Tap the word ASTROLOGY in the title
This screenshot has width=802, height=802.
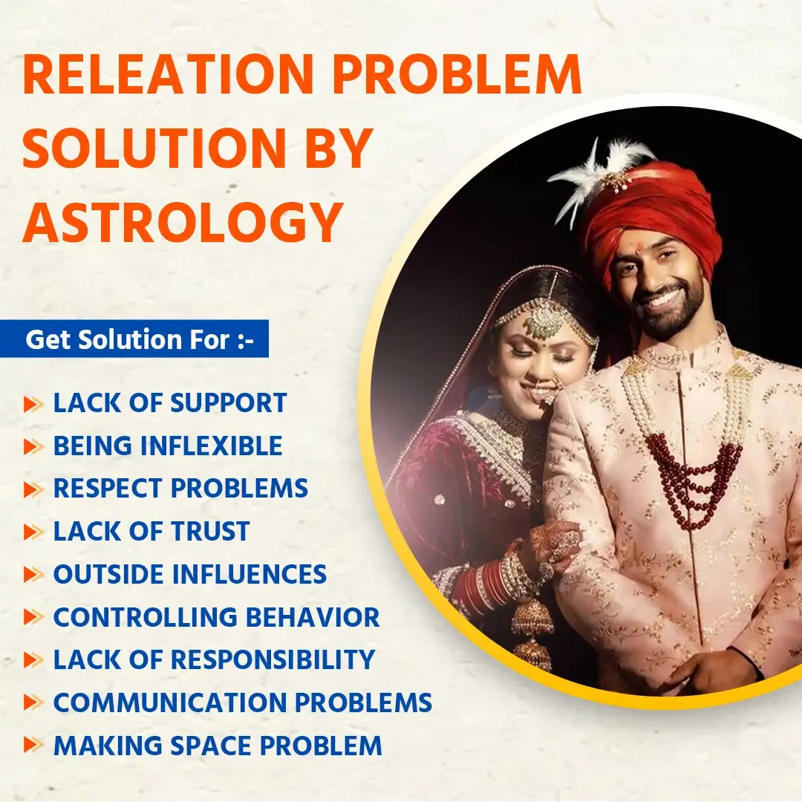coord(183,221)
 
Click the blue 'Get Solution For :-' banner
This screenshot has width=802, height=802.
coord(134,339)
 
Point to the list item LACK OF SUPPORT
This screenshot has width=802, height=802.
coord(170,403)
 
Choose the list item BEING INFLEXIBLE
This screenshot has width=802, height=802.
coord(168,446)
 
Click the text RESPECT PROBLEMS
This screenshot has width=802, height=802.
coord(180,488)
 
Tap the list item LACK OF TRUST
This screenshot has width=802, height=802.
coord(151,531)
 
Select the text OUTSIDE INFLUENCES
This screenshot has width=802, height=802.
coord(190,574)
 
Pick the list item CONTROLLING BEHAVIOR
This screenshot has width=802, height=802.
coord(216,617)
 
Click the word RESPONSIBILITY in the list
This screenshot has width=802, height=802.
coord(273,659)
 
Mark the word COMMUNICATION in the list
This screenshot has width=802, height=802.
coord(170,702)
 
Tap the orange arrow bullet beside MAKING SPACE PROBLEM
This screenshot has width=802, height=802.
coord(33,745)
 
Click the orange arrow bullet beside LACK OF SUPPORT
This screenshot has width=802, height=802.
coord(33,403)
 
